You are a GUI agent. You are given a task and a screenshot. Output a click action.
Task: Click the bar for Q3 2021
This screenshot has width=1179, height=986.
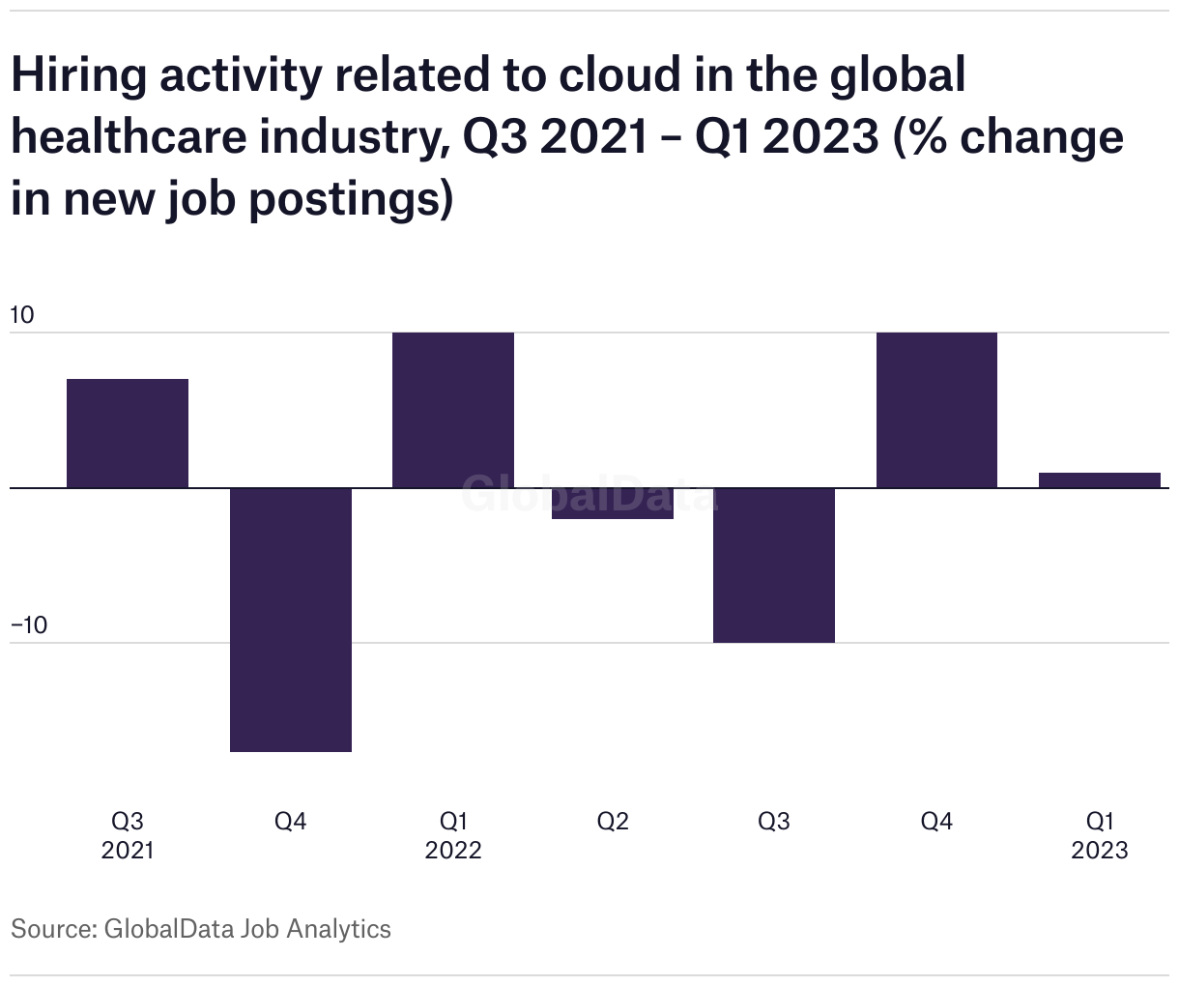pyautogui.click(x=128, y=433)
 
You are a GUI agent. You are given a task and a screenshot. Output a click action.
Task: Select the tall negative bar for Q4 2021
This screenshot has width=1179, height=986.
pyautogui.click(x=290, y=619)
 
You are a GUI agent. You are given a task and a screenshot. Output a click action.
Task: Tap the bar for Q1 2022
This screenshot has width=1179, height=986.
pyautogui.click(x=452, y=410)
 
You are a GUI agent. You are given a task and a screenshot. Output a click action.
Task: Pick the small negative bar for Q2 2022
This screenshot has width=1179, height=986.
pyautogui.click(x=613, y=504)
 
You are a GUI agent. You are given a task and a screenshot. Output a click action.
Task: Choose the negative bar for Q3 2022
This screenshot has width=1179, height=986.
pyautogui.click(x=774, y=565)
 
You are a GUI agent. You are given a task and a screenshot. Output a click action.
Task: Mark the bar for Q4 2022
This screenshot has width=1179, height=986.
pyautogui.click(x=936, y=410)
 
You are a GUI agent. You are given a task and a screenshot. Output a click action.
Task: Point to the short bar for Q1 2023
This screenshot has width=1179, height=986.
pyautogui.click(x=1099, y=480)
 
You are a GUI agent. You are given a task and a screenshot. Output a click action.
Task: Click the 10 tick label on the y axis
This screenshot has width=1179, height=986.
pyautogui.click(x=21, y=314)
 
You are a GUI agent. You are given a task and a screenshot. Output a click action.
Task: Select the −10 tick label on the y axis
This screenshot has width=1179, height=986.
pyautogui.click(x=28, y=624)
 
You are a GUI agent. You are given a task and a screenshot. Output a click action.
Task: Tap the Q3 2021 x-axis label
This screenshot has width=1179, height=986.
pyautogui.click(x=128, y=835)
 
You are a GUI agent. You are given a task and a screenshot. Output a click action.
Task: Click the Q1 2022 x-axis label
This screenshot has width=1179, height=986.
pyautogui.click(x=453, y=835)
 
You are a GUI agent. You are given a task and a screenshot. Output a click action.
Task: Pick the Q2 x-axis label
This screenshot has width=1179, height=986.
pyautogui.click(x=613, y=822)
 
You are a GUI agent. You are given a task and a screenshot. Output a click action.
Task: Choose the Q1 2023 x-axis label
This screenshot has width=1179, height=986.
pyautogui.click(x=1100, y=835)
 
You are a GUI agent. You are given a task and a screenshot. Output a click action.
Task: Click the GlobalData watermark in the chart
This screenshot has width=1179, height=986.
pyautogui.click(x=588, y=493)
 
